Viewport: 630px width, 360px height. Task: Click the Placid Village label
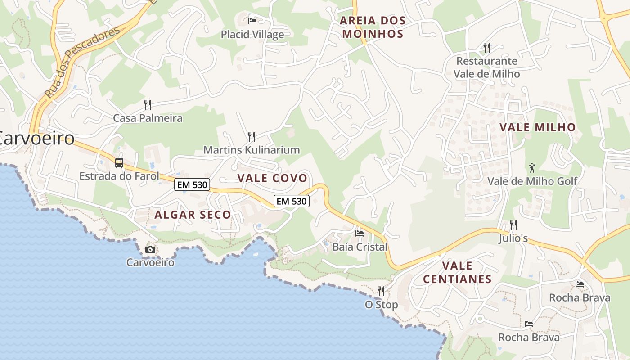point(252,35)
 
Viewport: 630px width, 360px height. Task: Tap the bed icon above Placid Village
point(252,21)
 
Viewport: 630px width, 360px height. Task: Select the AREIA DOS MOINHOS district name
point(373,27)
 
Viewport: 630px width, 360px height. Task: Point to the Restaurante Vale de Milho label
point(486,67)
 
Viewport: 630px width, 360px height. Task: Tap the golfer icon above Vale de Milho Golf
point(532,168)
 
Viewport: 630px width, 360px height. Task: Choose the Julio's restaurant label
point(513,238)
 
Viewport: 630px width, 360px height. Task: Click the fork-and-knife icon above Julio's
point(513,225)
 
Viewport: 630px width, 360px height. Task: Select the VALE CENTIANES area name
point(457,272)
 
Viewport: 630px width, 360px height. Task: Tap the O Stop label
point(381,305)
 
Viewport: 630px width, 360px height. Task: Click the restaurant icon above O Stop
point(381,291)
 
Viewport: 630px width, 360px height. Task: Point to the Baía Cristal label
point(360,247)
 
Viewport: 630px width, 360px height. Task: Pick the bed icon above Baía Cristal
point(360,233)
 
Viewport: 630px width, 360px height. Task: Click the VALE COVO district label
point(272,178)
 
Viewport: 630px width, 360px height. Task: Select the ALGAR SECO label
point(193,215)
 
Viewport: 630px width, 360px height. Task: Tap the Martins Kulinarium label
point(252,150)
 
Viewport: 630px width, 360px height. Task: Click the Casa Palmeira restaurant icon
point(148,105)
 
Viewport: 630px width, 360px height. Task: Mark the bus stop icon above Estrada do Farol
point(119,163)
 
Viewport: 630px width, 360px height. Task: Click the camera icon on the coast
point(150,249)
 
